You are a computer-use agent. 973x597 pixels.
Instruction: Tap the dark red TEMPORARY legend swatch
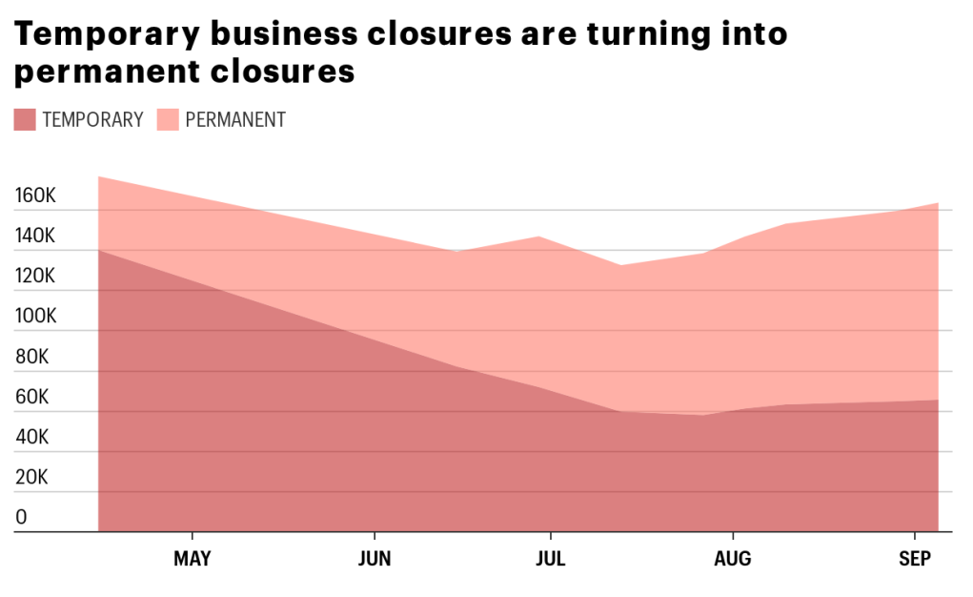coord(25,119)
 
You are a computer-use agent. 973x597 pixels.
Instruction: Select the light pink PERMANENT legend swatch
coord(168,119)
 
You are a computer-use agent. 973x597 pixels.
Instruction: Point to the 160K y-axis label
coord(36,196)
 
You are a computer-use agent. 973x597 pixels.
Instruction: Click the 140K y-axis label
coord(36,237)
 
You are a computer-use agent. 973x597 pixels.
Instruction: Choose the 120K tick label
coord(36,277)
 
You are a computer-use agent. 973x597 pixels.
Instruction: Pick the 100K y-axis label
coord(36,317)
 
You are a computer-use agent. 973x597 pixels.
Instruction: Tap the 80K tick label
coord(32,358)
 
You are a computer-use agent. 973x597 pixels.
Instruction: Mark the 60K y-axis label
coord(32,398)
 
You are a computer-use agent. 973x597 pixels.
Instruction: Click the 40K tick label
coord(32,438)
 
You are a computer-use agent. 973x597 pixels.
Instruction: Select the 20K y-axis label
coord(32,478)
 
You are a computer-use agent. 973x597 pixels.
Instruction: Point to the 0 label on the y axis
coord(22,518)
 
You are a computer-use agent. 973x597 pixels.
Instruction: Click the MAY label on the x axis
coord(193,559)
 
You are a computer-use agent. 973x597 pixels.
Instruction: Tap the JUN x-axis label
coord(375,559)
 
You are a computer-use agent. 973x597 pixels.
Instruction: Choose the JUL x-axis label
coord(550,559)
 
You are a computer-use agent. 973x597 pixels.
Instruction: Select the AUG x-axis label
coord(732,559)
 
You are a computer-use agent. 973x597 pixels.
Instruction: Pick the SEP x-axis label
coord(915,559)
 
